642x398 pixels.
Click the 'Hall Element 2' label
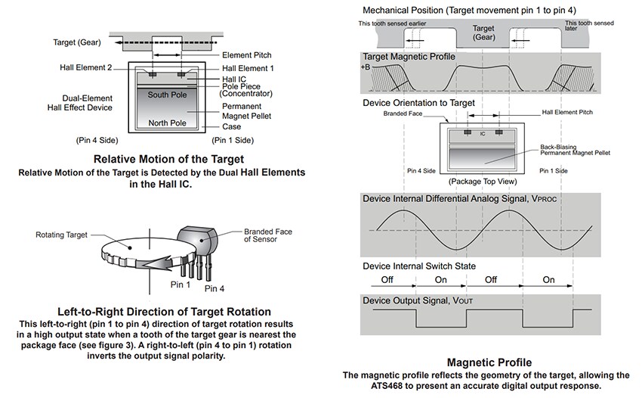(86, 68)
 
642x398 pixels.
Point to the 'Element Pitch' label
(247, 55)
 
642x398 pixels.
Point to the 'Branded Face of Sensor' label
(268, 235)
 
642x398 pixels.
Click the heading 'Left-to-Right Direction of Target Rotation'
(164, 312)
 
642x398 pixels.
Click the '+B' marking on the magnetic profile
(366, 67)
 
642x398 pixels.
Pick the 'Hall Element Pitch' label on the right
(568, 112)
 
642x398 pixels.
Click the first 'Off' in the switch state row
(387, 279)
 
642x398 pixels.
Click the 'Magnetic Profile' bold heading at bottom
(489, 362)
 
